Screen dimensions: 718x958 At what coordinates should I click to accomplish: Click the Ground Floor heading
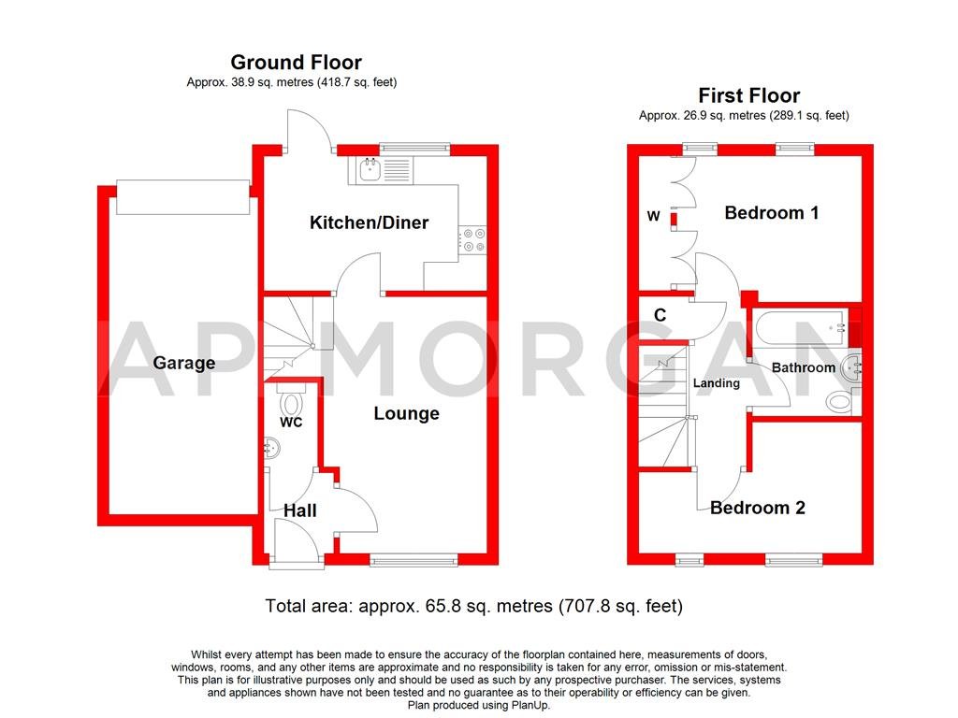[296, 63]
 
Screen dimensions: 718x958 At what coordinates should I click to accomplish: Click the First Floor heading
[748, 95]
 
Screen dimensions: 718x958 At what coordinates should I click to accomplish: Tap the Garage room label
[184, 363]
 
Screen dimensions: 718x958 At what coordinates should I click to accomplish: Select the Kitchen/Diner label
[369, 223]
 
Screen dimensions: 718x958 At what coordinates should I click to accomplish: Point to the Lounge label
[406, 413]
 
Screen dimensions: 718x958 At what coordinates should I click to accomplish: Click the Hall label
[300, 510]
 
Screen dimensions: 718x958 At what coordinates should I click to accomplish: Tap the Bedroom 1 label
[772, 213]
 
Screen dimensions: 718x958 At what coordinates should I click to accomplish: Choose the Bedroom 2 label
[757, 508]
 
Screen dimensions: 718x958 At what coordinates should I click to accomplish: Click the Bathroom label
[803, 367]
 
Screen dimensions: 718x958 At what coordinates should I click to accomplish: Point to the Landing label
[717, 383]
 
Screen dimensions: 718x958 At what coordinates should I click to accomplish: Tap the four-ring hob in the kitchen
[472, 240]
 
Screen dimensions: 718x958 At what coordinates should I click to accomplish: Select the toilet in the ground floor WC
[292, 404]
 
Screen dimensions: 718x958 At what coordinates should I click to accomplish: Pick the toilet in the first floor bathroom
[841, 402]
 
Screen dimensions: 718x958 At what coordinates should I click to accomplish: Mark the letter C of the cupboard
[660, 316]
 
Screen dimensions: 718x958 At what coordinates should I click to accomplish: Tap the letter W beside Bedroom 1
[654, 217]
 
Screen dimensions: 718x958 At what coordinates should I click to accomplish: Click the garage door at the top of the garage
[182, 197]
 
